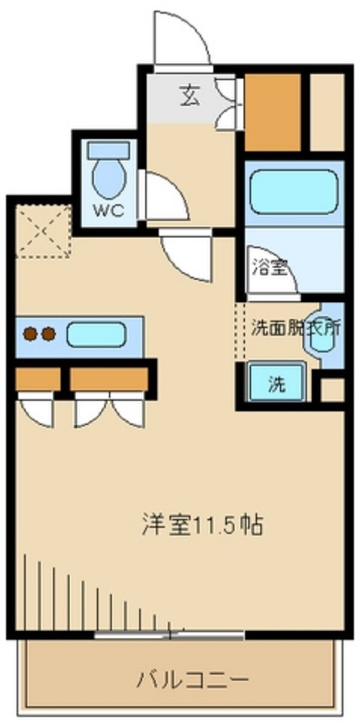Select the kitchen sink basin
coord(96,334)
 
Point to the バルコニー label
coord(192,680)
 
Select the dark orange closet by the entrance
coord(273,112)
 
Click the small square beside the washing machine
coord(332,390)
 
